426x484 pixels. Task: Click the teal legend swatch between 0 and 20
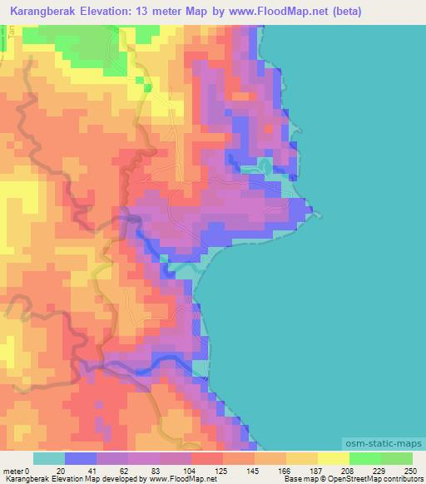coord(49,458)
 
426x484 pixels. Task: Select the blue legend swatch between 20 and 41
coord(81,458)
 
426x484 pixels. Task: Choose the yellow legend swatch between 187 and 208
coord(333,458)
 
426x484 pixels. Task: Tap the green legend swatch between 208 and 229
coord(364,458)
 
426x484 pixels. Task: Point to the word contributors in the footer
coord(399,480)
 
